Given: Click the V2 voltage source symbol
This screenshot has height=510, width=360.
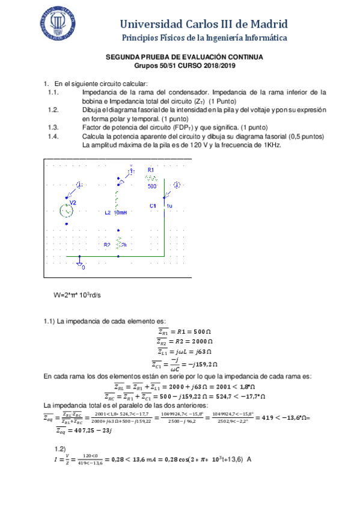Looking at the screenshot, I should click(67, 210).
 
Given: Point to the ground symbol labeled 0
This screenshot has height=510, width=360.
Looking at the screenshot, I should click(81, 262).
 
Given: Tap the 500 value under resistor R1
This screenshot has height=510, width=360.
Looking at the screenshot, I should click(152, 186).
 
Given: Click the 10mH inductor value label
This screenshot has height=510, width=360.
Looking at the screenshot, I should click(120, 213).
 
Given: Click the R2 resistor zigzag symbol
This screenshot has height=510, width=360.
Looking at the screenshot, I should click(119, 244).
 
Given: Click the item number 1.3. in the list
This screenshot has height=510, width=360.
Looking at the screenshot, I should click(53, 127).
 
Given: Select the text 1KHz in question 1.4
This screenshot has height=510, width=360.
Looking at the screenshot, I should click(270, 145).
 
